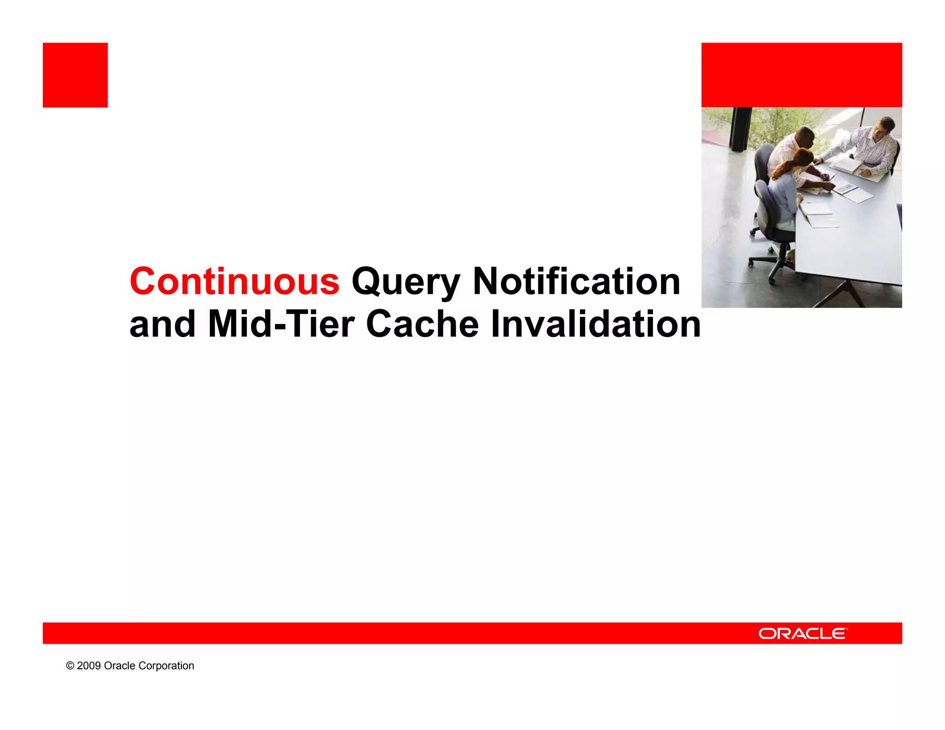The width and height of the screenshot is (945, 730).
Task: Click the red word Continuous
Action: click(234, 281)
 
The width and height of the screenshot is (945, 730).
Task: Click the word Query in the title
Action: click(406, 282)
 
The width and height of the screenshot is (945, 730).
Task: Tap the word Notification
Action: click(576, 281)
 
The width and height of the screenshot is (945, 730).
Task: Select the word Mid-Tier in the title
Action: click(281, 324)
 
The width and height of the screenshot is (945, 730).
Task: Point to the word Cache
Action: click(422, 324)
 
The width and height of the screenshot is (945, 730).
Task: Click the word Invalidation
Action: click(595, 324)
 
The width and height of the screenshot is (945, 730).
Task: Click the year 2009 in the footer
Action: click(89, 665)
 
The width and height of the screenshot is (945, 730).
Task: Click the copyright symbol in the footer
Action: click(70, 665)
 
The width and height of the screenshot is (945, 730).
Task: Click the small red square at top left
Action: click(75, 75)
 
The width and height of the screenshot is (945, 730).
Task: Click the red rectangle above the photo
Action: click(801, 75)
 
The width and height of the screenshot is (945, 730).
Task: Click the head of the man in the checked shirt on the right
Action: click(885, 126)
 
